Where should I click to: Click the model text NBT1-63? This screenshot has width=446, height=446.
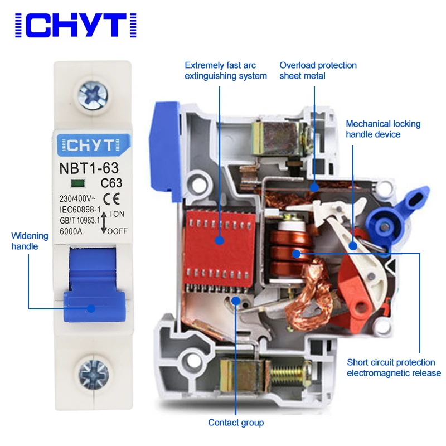(88, 167)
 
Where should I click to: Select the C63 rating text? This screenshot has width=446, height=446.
(111, 183)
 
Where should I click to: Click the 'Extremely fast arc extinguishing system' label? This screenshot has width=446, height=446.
(226, 70)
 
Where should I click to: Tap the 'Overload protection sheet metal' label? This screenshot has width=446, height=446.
(318, 70)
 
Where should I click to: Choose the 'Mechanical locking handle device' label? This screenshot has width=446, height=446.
(383, 129)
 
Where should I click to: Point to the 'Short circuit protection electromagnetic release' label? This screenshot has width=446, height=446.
(394, 367)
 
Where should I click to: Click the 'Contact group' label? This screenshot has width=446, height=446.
(236, 422)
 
